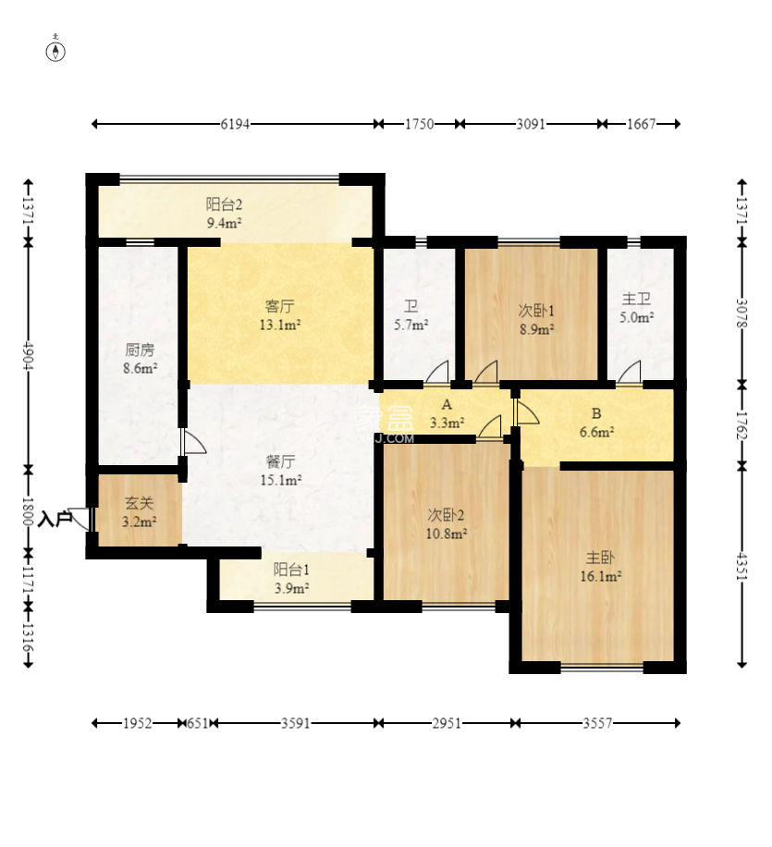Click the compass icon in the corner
pyautogui.click(x=55, y=49)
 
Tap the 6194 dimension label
pyautogui.click(x=235, y=124)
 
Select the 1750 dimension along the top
pyautogui.click(x=419, y=124)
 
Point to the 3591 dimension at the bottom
pyautogui.click(x=296, y=723)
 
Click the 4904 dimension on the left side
pyautogui.click(x=28, y=355)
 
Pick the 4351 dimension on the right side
pyautogui.click(x=742, y=566)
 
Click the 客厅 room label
pyautogui.click(x=279, y=307)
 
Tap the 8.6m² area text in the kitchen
pyautogui.click(x=141, y=369)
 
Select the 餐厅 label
pyautogui.click(x=280, y=461)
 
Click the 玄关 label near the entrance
pyautogui.click(x=140, y=503)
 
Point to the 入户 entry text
pyautogui.click(x=55, y=520)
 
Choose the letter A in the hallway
pyautogui.click(x=447, y=405)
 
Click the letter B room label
pyautogui.click(x=596, y=413)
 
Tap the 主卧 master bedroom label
pyautogui.click(x=600, y=558)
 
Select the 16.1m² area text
pyautogui.click(x=600, y=576)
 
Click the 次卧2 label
pyautogui.click(x=446, y=515)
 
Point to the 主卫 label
pyautogui.click(x=636, y=299)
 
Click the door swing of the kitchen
pyautogui.click(x=194, y=442)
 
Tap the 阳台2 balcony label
pyautogui.click(x=224, y=204)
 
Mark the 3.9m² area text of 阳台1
pyautogui.click(x=291, y=588)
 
